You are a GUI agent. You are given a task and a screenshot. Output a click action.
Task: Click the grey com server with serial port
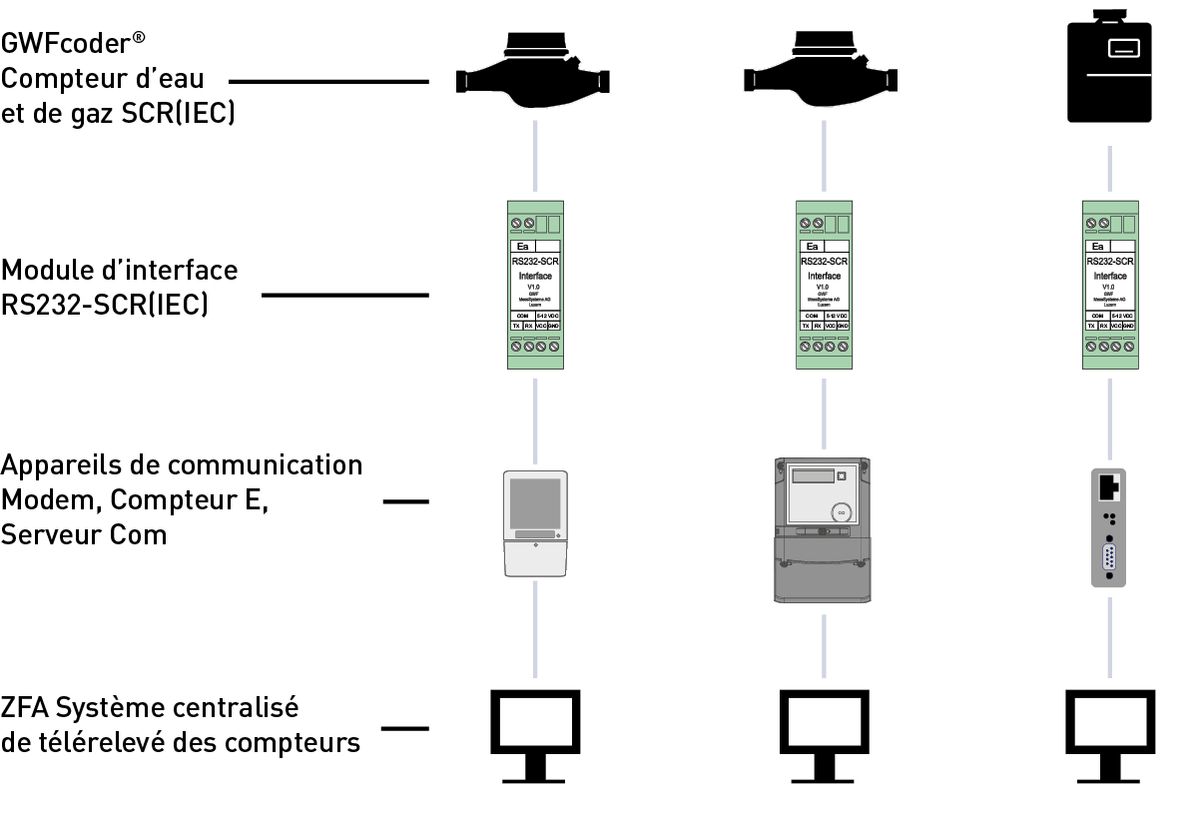click(x=1110, y=527)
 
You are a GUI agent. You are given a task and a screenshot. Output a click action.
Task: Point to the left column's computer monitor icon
click(x=534, y=733)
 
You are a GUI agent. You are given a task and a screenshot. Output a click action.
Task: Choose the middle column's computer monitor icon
click(x=823, y=733)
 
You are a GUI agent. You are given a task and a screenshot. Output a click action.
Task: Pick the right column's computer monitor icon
click(x=1110, y=733)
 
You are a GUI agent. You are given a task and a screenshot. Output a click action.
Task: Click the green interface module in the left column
click(x=534, y=285)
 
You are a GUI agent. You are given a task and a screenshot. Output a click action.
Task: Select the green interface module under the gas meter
click(x=1110, y=285)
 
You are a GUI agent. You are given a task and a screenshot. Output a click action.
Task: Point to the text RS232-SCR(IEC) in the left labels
click(x=104, y=305)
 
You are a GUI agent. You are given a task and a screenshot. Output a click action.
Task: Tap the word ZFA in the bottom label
click(x=24, y=708)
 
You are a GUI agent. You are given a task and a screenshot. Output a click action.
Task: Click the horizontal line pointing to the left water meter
click(x=328, y=82)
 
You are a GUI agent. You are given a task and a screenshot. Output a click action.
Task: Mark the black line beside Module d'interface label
click(x=344, y=295)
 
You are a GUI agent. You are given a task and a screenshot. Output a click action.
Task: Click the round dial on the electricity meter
click(x=841, y=510)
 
